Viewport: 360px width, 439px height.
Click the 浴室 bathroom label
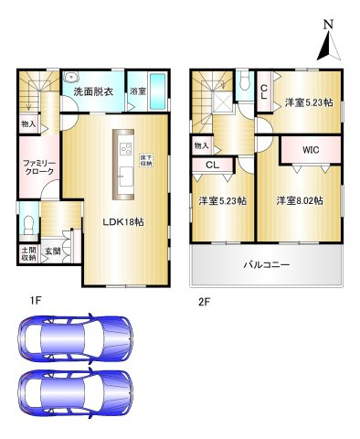click(x=137, y=91)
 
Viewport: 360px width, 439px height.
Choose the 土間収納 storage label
click(x=27, y=253)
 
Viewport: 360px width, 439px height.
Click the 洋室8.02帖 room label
click(x=298, y=200)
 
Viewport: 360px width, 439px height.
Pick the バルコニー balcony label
click(x=266, y=264)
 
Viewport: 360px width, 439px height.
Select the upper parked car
click(x=79, y=337)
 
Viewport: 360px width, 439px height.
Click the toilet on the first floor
click(x=27, y=225)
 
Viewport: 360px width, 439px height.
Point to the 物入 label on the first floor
click(x=28, y=123)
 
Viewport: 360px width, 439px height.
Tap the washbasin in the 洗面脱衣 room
click(x=72, y=78)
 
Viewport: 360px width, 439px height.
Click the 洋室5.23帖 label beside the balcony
click(x=222, y=201)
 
